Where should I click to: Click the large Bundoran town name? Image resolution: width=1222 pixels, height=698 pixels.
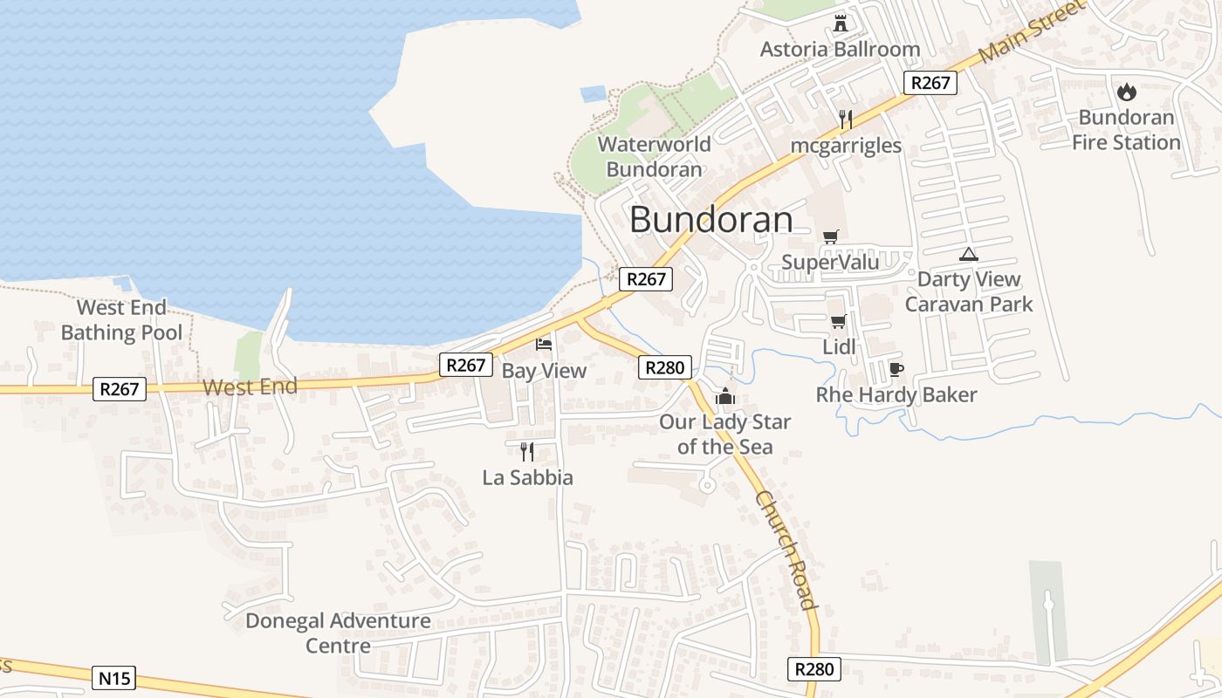click(711, 220)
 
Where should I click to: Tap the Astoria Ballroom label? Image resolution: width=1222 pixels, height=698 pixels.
click(840, 49)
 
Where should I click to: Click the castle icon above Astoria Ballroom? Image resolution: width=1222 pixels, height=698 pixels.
click(841, 23)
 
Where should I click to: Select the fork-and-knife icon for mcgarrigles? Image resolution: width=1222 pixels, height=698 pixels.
click(845, 120)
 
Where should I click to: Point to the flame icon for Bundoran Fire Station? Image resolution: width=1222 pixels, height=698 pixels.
click(1127, 91)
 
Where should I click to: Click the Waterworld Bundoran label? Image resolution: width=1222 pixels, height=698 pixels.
click(654, 156)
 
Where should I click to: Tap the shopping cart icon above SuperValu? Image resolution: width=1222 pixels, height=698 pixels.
click(830, 236)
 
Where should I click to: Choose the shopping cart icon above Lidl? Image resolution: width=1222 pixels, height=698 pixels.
click(838, 322)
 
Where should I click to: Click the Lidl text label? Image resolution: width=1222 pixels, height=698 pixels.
click(840, 347)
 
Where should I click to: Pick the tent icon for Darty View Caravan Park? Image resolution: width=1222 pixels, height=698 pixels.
click(968, 254)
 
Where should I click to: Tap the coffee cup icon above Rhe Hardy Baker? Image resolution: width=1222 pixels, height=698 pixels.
click(896, 369)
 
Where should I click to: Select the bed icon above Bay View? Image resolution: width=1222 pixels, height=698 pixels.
click(544, 345)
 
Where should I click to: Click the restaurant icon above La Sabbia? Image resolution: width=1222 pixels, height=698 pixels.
click(526, 451)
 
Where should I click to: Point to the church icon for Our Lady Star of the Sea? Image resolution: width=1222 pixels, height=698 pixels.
click(725, 397)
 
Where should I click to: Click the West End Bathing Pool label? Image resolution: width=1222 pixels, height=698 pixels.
click(121, 320)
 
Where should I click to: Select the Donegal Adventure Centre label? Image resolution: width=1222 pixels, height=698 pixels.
click(338, 633)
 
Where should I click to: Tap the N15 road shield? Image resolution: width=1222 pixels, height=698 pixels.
click(113, 677)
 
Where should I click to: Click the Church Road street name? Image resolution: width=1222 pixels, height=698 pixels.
click(786, 551)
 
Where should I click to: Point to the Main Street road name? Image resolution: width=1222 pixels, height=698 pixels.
click(1030, 31)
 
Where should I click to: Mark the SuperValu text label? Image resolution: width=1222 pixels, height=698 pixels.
click(830, 262)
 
